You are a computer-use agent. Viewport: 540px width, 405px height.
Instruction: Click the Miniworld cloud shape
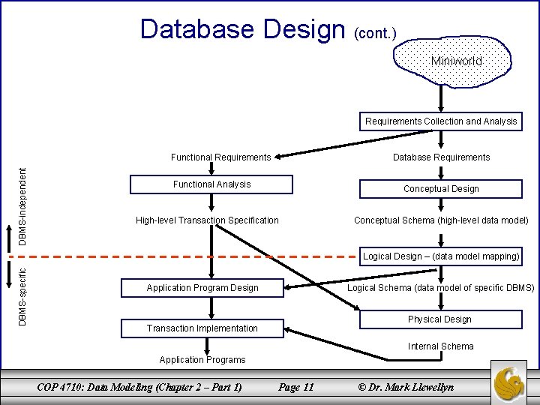[x=454, y=62]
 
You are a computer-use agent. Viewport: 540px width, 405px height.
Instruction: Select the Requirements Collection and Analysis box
[x=440, y=121]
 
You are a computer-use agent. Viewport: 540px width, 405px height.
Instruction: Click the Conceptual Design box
[x=440, y=189]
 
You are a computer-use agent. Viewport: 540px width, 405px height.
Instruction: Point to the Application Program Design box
[x=202, y=288]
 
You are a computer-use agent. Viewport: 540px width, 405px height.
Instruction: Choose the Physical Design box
[x=439, y=319]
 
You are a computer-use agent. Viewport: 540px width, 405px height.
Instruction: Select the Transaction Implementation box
[x=202, y=328]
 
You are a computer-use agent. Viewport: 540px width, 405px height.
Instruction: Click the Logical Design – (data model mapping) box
[x=440, y=256]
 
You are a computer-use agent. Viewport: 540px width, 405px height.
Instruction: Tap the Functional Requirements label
[x=220, y=157]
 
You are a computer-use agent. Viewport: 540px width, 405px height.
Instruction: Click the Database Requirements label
[x=441, y=157]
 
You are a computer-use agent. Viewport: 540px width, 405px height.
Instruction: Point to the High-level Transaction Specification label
[x=207, y=220]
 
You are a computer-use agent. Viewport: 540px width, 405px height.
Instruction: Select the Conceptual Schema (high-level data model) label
[x=441, y=220]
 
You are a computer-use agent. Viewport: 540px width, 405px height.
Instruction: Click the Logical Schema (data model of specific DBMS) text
[x=441, y=288]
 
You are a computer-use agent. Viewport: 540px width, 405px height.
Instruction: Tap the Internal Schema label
[x=440, y=346]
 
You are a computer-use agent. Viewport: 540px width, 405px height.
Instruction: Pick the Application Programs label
[x=202, y=360]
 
